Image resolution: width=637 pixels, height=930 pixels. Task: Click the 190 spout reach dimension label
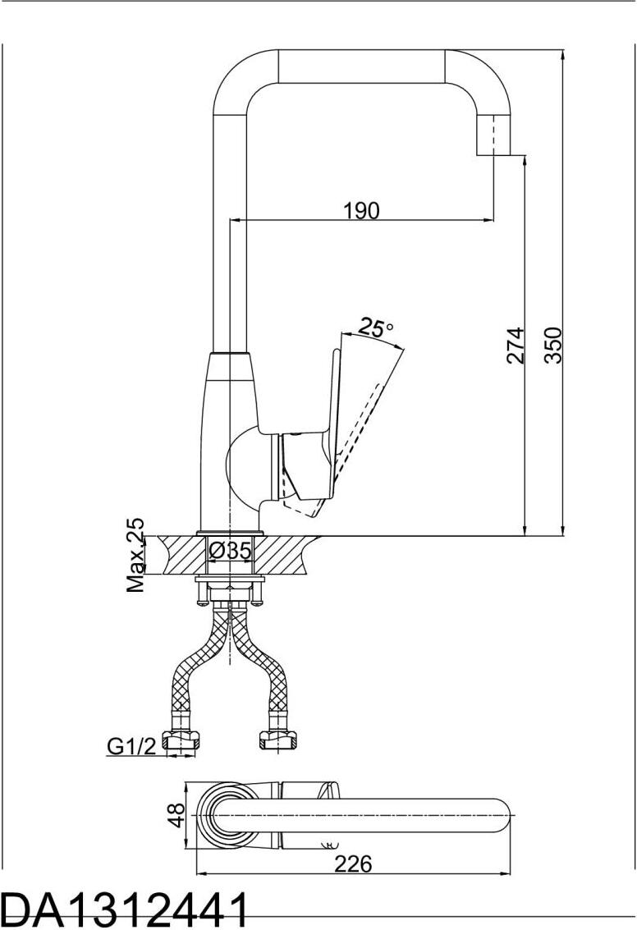pyautogui.click(x=361, y=211)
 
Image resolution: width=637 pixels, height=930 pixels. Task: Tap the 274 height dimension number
pyautogui.click(x=516, y=346)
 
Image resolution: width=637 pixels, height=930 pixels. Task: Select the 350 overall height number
pyautogui.click(x=552, y=346)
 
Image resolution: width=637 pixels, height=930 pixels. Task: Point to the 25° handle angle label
pyautogui.click(x=376, y=327)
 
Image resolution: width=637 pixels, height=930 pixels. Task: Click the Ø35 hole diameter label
pyautogui.click(x=231, y=551)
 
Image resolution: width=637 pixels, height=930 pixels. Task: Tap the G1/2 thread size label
pyautogui.click(x=131, y=745)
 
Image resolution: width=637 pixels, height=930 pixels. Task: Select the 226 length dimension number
pyautogui.click(x=353, y=864)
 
